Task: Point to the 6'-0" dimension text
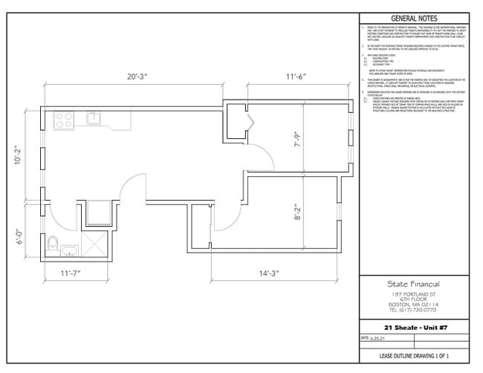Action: (19, 236)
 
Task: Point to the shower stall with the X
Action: (94, 243)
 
